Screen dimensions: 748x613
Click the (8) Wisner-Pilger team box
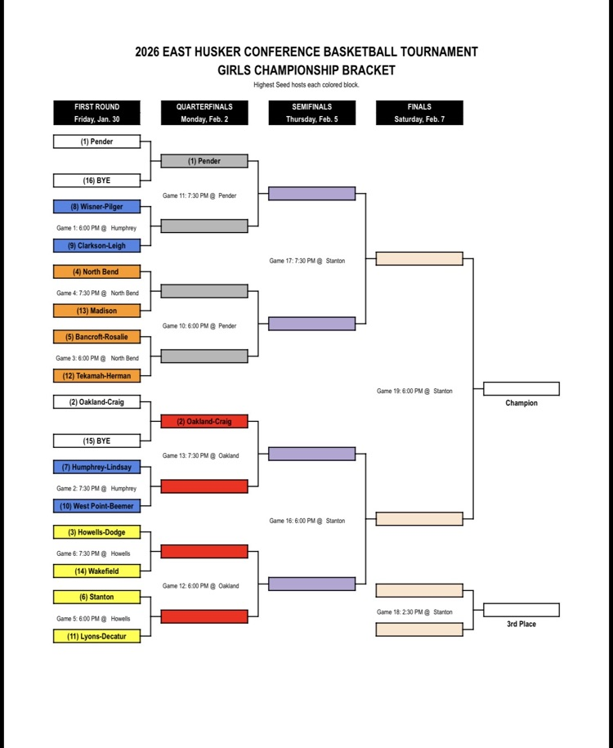(96, 207)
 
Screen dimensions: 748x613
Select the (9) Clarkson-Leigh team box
(96, 245)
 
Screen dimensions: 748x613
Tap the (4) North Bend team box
(96, 271)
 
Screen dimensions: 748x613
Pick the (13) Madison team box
(96, 311)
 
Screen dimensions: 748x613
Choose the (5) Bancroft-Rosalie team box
(96, 337)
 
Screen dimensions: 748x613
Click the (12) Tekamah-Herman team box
(96, 376)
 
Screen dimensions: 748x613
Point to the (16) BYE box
(96, 181)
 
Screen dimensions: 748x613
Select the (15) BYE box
(96, 441)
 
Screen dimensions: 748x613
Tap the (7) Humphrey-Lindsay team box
(96, 468)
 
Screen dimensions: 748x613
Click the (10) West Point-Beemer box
(96, 506)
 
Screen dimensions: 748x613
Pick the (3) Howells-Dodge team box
(96, 532)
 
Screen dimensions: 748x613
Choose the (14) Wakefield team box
(96, 571)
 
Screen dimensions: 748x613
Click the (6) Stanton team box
(96, 597)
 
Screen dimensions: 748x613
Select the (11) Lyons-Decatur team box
(96, 636)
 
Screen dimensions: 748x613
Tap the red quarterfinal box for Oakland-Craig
(204, 422)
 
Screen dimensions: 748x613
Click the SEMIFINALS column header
(311, 113)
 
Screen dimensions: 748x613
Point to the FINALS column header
(419, 113)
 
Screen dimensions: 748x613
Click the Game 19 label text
(414, 392)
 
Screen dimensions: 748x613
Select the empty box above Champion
(521, 389)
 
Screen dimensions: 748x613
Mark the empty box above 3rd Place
(521, 610)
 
